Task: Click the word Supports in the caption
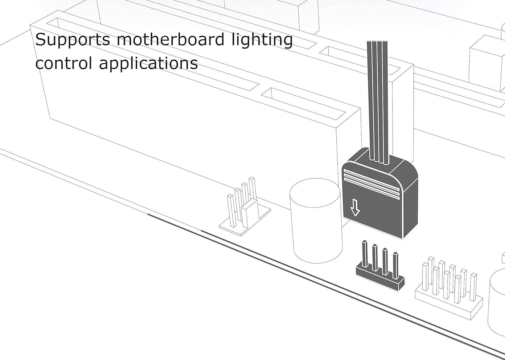(73, 40)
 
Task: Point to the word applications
(148, 64)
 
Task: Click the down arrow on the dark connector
(355, 207)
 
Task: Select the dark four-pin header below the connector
(380, 266)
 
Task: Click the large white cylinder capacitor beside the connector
(316, 221)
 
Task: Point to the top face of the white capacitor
(315, 193)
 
